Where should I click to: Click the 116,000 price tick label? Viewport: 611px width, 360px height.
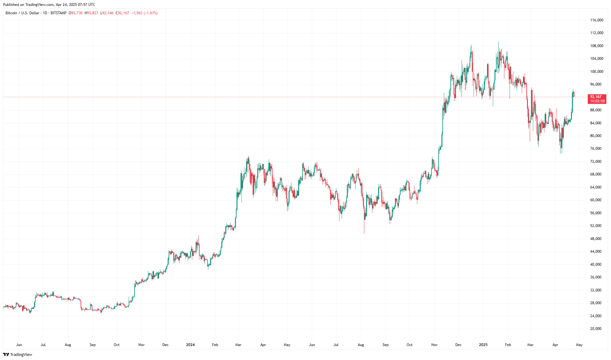click(596, 20)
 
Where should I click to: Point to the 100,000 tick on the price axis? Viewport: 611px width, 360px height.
click(596, 72)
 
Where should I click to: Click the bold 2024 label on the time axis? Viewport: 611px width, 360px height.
click(190, 345)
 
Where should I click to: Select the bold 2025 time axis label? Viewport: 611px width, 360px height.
click(483, 345)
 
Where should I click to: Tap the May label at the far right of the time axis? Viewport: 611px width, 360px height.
click(579, 345)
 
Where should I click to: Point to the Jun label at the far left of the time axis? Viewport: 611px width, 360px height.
click(19, 345)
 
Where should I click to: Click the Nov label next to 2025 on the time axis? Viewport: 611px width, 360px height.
click(434, 345)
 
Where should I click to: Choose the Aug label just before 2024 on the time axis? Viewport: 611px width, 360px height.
click(68, 345)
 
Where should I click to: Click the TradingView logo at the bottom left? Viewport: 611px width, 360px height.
click(18, 354)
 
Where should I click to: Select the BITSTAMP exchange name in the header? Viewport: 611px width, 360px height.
click(58, 13)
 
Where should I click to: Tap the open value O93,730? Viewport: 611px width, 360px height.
click(76, 13)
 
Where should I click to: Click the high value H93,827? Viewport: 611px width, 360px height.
click(91, 13)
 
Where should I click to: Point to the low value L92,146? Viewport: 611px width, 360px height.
click(107, 13)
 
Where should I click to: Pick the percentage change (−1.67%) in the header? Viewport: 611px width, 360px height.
click(151, 13)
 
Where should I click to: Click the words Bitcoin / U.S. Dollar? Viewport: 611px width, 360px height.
click(22, 13)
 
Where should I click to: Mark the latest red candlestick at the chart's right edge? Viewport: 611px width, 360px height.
click(574, 94)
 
